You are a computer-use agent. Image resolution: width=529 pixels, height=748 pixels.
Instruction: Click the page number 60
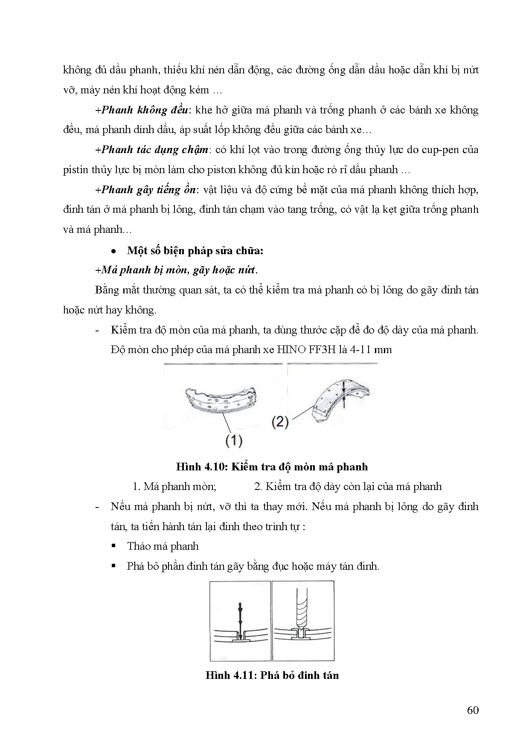(x=473, y=710)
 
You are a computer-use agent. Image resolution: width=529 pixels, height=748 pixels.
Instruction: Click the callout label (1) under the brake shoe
(x=234, y=440)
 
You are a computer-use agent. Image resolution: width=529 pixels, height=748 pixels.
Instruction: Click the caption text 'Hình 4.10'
(x=201, y=467)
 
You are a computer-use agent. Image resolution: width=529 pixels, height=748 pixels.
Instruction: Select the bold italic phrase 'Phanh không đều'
(x=145, y=110)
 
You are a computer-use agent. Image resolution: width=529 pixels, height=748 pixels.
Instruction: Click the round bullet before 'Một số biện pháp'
(x=113, y=251)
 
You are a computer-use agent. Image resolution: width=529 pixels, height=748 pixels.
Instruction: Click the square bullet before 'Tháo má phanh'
(x=113, y=546)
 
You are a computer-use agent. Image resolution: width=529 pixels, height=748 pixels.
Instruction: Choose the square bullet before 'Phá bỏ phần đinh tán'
(x=113, y=566)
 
